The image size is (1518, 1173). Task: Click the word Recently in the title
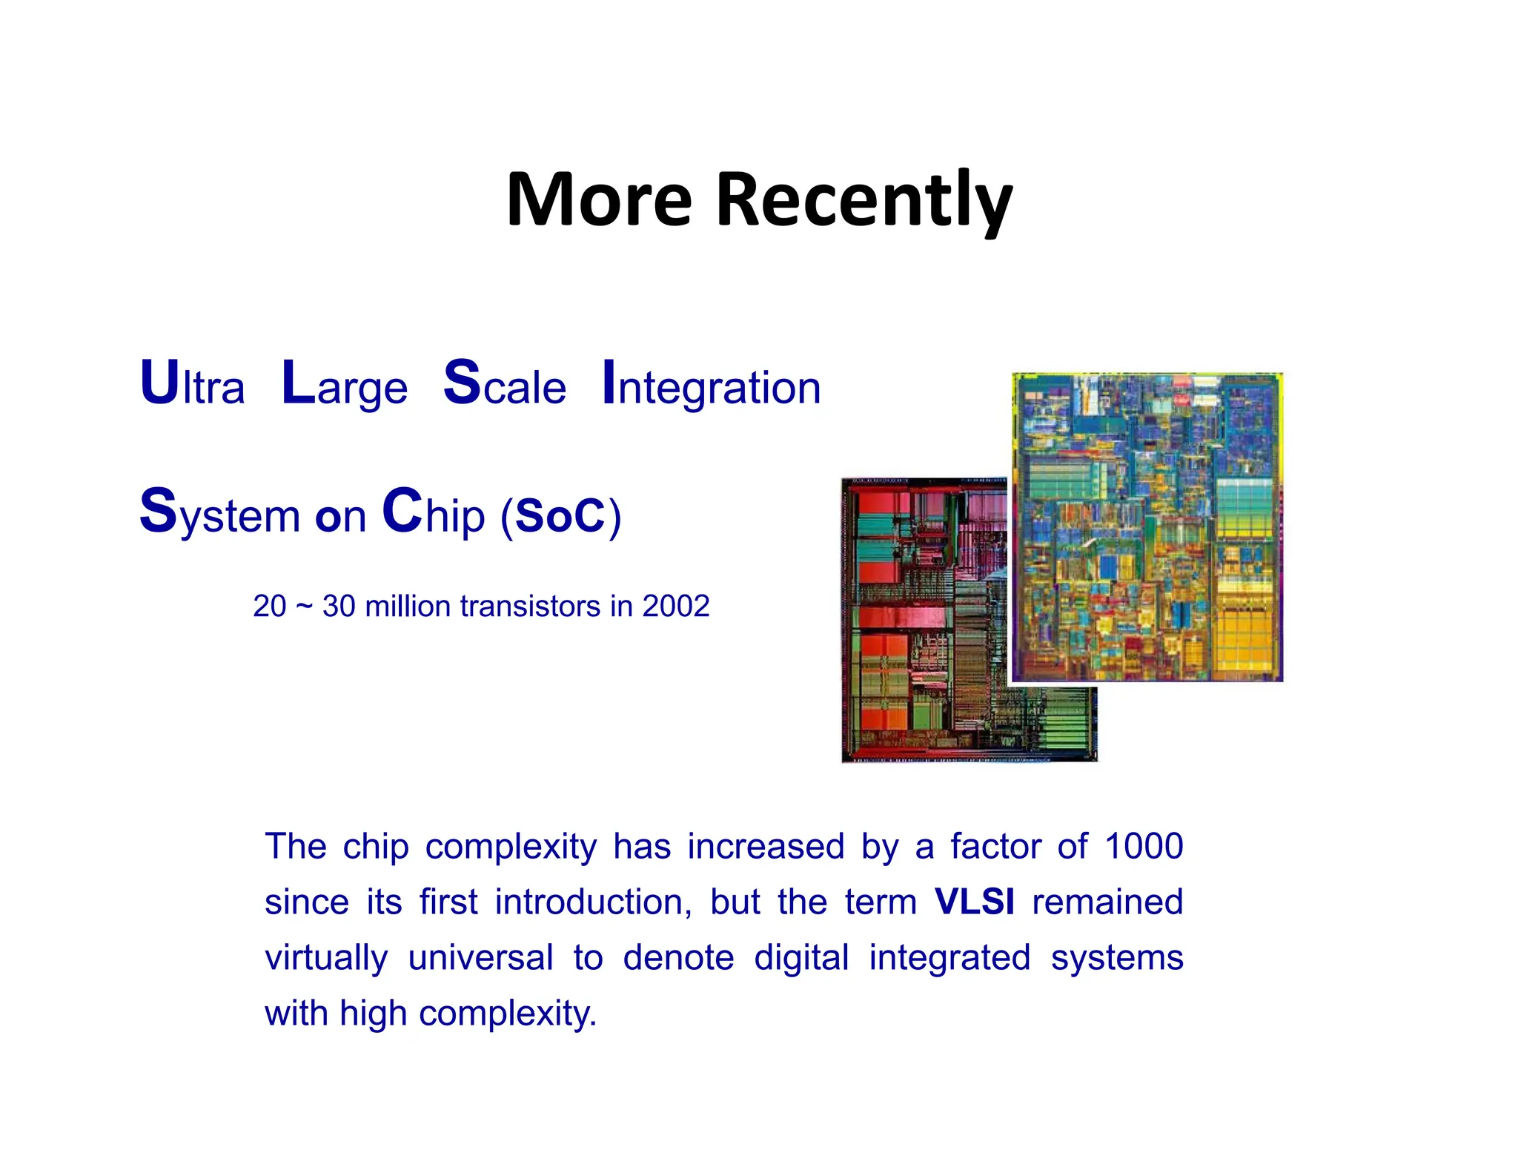tap(864, 200)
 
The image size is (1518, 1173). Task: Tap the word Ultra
tap(192, 384)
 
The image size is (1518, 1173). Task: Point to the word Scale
tap(504, 384)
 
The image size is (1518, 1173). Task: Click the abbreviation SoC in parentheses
tap(560, 515)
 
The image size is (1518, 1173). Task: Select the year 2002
tap(676, 606)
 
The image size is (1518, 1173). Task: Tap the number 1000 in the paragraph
tap(1143, 846)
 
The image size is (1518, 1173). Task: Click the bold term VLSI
tap(974, 902)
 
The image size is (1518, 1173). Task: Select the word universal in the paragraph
tap(480, 957)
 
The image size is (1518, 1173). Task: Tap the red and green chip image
tap(927, 623)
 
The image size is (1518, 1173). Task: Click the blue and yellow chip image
tap(1147, 526)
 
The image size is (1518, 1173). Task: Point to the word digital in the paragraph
tap(801, 957)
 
